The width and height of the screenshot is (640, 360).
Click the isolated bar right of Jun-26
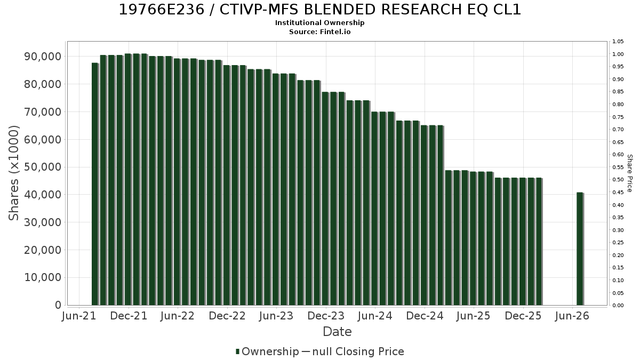580,249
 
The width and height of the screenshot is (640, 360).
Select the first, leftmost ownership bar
95,184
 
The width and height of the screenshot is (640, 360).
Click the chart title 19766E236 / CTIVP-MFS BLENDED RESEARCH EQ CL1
319,10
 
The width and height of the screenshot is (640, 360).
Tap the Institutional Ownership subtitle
319,23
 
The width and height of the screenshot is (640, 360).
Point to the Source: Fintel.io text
319,31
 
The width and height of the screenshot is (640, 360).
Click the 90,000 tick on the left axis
43,57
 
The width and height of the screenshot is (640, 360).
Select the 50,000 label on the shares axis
43,167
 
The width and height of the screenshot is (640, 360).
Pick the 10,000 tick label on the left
43,277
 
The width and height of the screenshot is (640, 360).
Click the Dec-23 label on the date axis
326,316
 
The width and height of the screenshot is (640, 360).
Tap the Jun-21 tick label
79,316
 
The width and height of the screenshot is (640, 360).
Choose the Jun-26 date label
572,316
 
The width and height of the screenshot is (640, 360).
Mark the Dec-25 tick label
523,316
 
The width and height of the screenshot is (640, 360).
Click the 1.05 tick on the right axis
618,42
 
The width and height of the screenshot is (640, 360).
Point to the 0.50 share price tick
618,180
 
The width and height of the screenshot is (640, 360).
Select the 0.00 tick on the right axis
618,306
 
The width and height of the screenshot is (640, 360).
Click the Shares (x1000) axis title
13,173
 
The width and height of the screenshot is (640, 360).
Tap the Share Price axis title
630,173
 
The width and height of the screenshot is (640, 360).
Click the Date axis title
337,332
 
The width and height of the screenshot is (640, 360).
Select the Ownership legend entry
267,351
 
